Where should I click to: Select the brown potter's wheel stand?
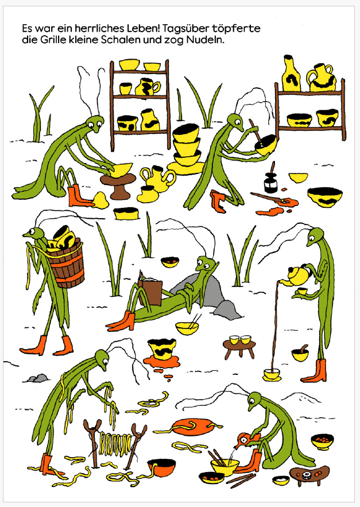118,185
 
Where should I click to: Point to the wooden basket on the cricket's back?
66,264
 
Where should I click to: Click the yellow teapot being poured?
297,276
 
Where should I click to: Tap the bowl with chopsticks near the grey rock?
188,326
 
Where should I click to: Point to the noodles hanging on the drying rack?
115,443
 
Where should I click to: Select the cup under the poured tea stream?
272,375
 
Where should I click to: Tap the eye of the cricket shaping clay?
98,122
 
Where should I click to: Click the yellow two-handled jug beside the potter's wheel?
158,177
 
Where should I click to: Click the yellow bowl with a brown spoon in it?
300,353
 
